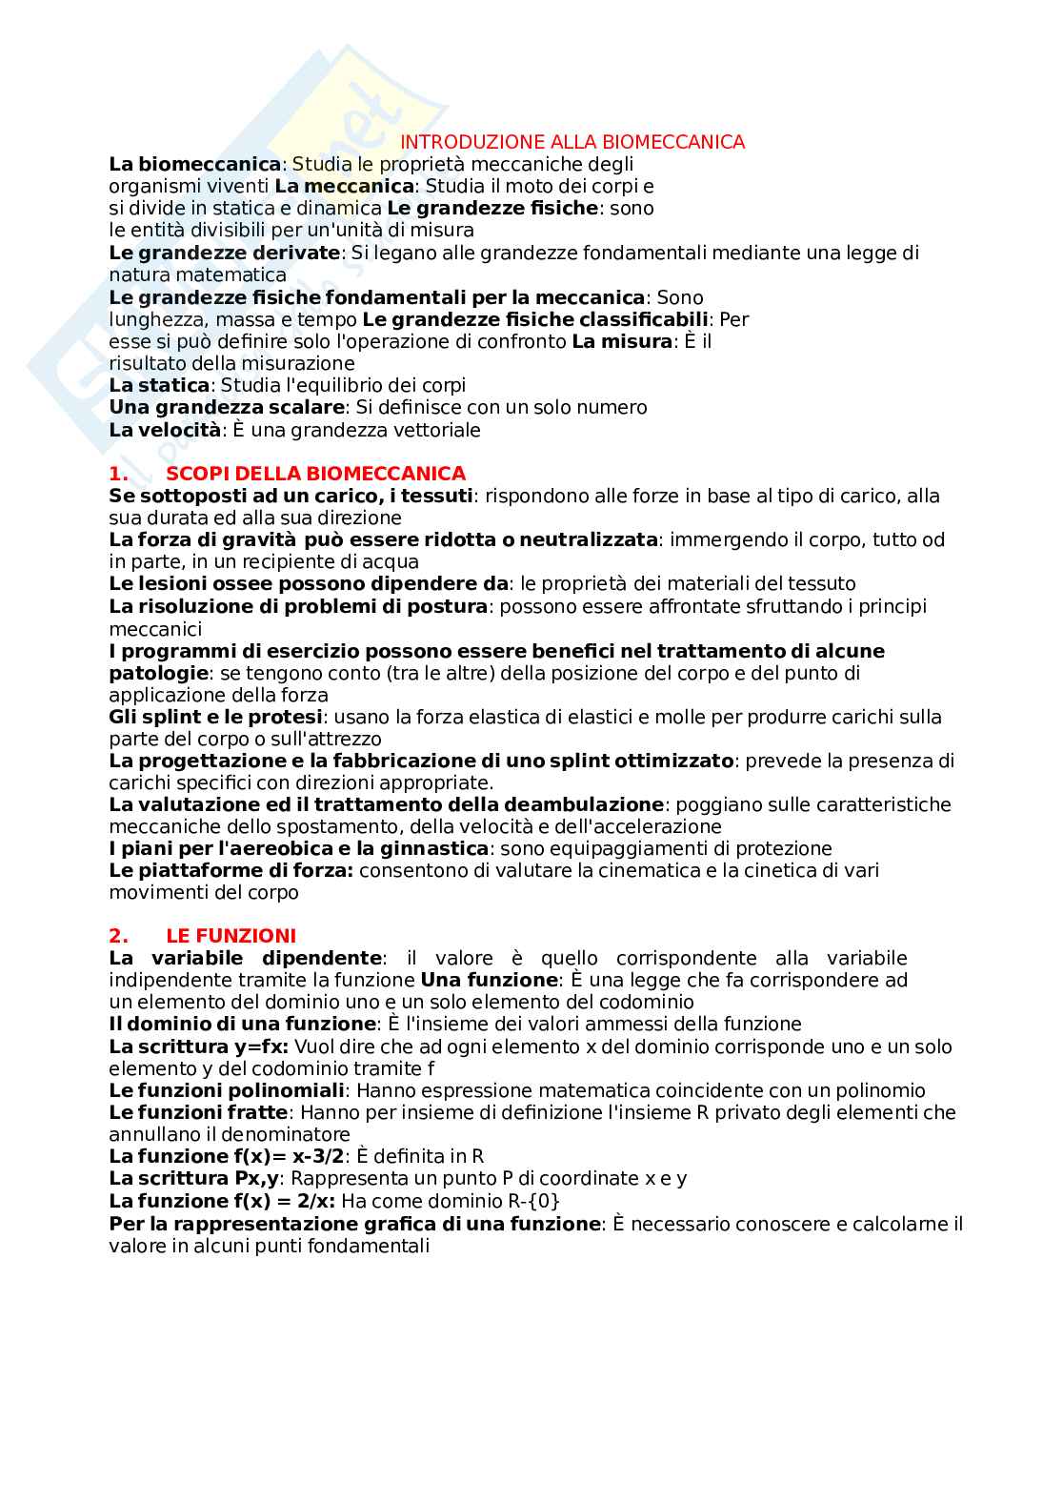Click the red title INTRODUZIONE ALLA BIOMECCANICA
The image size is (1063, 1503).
tap(572, 142)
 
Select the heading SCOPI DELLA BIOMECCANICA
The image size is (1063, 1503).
tap(315, 474)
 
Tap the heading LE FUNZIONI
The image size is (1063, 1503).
tap(231, 936)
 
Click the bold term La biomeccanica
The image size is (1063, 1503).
tap(195, 164)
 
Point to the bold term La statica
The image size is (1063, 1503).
tap(159, 385)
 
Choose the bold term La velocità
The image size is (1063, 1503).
tap(165, 430)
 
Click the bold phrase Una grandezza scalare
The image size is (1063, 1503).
tap(226, 407)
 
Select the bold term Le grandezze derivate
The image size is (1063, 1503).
tap(224, 253)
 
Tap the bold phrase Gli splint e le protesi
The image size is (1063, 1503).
tap(216, 717)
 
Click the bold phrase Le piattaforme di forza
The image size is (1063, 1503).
tap(231, 870)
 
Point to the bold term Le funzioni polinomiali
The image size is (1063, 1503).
tap(226, 1090)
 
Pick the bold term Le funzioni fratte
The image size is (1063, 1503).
tap(198, 1112)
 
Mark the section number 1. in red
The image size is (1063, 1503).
tap(118, 474)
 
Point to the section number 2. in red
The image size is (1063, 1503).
tap(118, 936)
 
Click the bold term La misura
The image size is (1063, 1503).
tap(622, 341)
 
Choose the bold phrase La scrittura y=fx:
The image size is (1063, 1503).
tap(198, 1046)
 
